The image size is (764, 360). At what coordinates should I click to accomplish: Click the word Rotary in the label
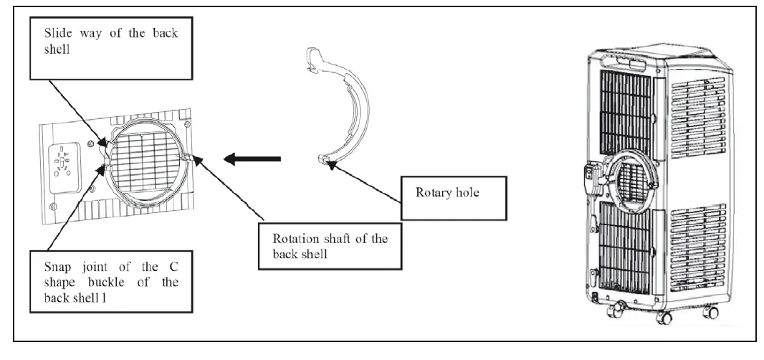(x=432, y=194)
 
